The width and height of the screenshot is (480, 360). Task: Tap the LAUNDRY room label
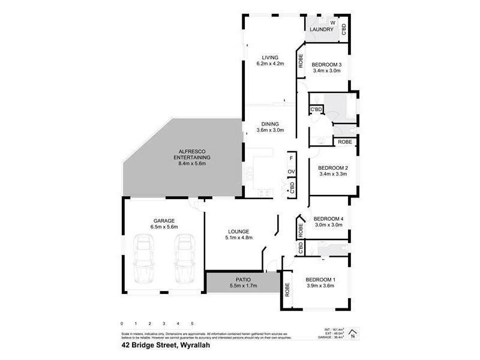pos(322,29)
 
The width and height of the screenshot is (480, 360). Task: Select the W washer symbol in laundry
pos(332,23)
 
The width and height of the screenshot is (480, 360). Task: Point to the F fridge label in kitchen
pos(291,158)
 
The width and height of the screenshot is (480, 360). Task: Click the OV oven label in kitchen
pos(291,172)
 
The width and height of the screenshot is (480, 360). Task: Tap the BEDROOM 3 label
pos(327,64)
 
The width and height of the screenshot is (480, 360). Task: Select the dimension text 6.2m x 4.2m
pos(269,64)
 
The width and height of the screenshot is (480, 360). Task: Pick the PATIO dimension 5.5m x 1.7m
pos(243,286)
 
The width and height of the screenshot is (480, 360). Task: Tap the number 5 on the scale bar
pos(191,323)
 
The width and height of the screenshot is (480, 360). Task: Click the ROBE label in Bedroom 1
pos(287,290)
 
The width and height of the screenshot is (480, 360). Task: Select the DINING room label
pos(269,124)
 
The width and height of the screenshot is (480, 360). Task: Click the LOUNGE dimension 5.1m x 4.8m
pos(238,238)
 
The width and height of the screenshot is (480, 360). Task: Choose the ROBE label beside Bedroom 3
pos(301,62)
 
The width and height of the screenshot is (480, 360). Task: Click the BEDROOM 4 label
pos(328,218)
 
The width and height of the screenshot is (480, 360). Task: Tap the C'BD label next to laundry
pos(344,30)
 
